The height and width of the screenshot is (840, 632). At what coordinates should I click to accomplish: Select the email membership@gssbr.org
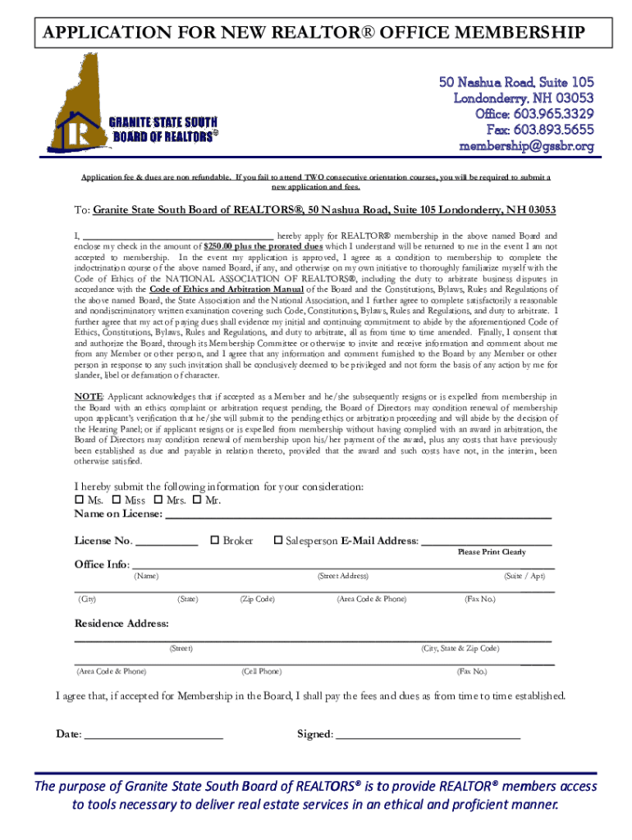coord(526,146)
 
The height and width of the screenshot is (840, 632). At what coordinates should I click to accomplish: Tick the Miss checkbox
coord(116,501)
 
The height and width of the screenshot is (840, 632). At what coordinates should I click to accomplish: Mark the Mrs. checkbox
coord(158,501)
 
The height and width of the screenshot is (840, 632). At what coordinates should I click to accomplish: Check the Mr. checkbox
coord(198,501)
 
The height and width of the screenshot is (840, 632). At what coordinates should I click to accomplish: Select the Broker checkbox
coord(215,541)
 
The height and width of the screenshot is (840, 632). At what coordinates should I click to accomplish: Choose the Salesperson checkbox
coord(278,541)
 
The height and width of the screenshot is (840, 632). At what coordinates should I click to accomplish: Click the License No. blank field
coord(166,544)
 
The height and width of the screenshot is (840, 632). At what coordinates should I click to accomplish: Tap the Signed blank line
coord(428,737)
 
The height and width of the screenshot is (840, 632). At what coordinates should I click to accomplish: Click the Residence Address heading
coord(121,623)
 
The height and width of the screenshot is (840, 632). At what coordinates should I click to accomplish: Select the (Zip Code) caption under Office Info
coord(257,599)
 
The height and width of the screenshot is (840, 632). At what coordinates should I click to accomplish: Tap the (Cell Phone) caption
coord(262,671)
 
